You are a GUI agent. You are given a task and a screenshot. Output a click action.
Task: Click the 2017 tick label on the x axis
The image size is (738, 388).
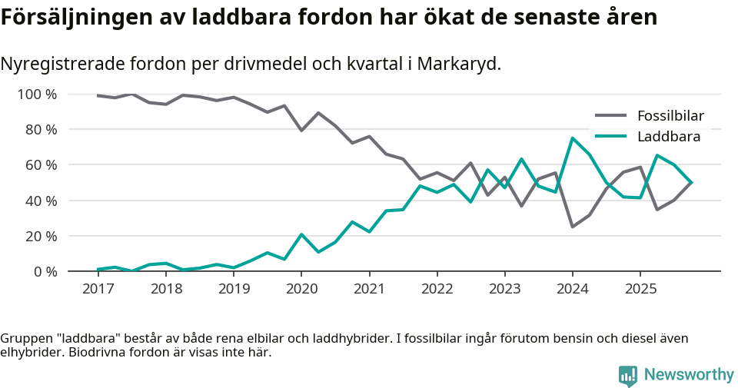coord(98,289)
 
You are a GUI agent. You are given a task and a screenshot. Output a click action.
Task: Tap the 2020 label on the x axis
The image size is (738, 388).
coord(301,289)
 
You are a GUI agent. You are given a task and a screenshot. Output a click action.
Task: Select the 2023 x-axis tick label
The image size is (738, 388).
coord(504,289)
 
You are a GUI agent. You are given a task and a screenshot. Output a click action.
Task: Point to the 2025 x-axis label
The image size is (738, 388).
coord(640,289)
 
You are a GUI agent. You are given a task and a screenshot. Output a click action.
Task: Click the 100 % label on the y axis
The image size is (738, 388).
coord(38,95)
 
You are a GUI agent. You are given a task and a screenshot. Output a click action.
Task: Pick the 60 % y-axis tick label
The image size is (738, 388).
coord(42,165)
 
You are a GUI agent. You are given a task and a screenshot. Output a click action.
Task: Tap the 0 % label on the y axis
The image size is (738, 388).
coord(45,271)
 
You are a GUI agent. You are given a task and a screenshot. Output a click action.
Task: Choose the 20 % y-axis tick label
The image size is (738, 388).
coord(42,236)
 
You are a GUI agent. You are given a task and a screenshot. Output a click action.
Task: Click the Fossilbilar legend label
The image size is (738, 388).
coord(670,117)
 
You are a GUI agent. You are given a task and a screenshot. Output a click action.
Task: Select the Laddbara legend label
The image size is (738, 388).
coord(668,137)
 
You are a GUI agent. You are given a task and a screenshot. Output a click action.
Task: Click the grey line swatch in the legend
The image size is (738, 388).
coord(611,117)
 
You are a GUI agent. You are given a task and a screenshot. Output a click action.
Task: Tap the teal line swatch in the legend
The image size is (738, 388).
coord(611,137)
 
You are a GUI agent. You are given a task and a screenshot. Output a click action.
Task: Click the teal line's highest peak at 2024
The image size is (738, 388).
coord(572,138)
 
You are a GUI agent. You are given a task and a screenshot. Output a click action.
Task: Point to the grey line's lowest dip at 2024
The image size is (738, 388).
coord(572,227)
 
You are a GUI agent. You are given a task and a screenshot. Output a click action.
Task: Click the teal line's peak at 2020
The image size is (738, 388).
coord(301,234)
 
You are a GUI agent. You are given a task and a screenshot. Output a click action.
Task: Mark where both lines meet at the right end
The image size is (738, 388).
coord(691,183)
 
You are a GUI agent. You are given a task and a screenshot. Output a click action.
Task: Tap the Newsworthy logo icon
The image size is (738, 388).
coord(627,375)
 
